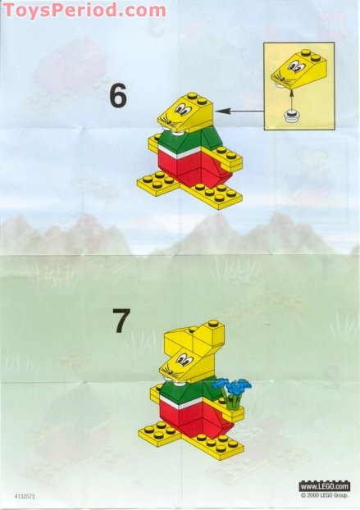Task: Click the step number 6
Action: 118,96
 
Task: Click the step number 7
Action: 121,321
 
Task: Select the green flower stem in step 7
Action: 235,399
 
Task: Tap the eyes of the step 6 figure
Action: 185,107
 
